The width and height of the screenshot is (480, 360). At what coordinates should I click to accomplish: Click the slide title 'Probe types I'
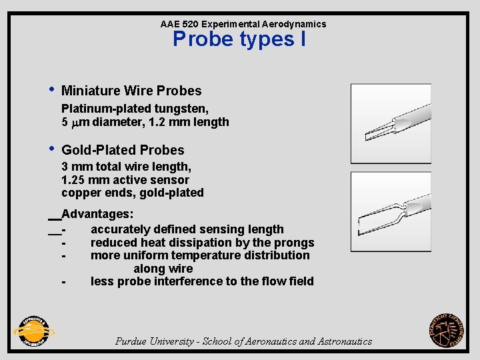239,39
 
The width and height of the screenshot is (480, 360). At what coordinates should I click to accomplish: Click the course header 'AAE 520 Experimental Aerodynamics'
243,24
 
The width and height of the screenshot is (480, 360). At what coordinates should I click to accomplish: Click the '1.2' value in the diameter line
163,122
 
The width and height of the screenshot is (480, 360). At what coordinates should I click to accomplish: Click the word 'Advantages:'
97,215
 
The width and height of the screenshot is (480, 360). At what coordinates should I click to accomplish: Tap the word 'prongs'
295,243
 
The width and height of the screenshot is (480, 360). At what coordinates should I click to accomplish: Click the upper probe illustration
391,123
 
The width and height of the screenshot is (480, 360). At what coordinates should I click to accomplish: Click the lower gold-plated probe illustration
391,211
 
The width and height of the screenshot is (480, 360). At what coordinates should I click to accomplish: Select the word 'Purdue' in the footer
132,341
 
